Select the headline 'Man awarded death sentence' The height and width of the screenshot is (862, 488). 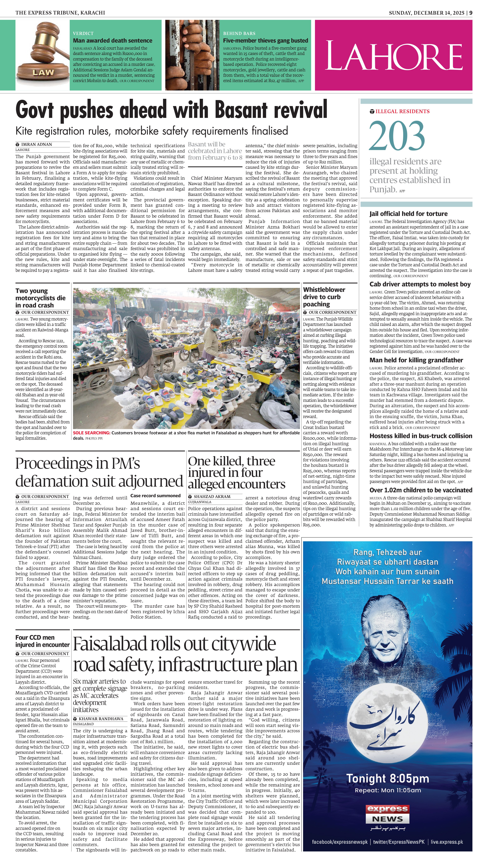pyautogui.click(x=113, y=41)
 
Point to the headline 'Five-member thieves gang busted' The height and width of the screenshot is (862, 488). pyautogui.click(x=265, y=41)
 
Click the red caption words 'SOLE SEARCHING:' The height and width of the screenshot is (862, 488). pyautogui.click(x=91, y=433)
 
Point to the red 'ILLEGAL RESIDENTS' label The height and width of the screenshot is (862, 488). pyautogui.click(x=402, y=111)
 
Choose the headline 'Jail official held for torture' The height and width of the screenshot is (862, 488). pyautogui.click(x=408, y=214)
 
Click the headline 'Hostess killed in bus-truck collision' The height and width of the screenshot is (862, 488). pyautogui.click(x=421, y=436)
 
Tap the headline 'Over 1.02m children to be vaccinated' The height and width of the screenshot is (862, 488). pyautogui.click(x=421, y=490)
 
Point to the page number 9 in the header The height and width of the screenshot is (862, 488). pyautogui.click(x=471, y=13)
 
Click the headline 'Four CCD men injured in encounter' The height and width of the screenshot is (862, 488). pyautogui.click(x=42, y=641)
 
